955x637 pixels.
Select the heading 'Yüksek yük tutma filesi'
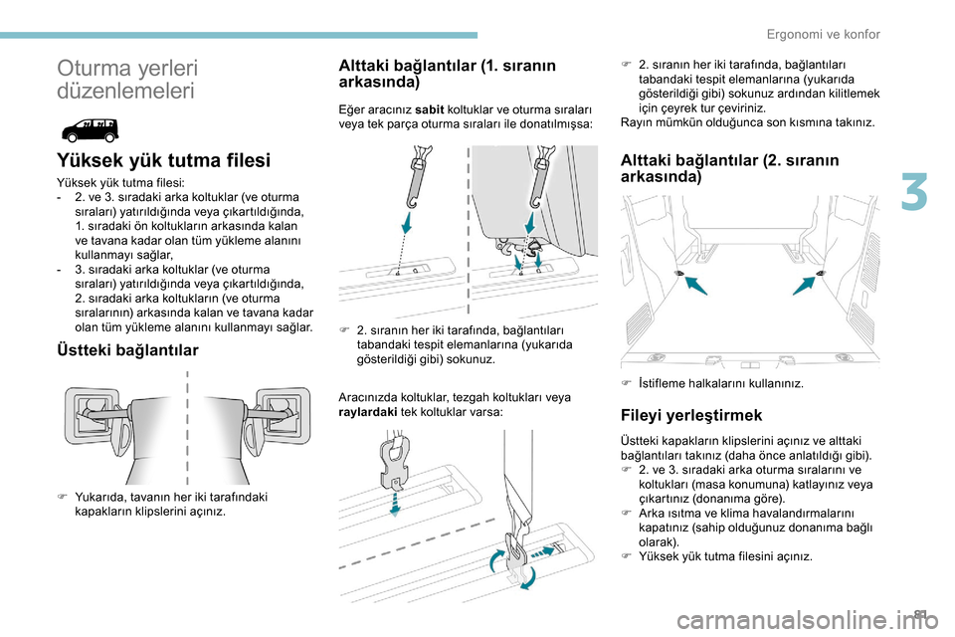(164, 160)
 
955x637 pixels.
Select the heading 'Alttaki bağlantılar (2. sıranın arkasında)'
(729, 167)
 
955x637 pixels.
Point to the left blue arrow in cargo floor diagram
(696, 286)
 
